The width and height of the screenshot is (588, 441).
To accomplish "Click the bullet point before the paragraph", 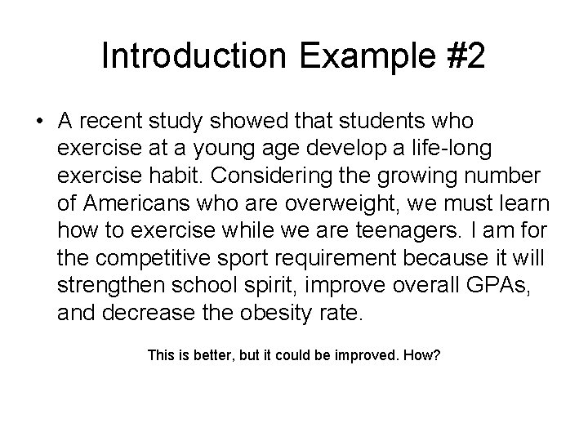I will click(39, 122).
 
